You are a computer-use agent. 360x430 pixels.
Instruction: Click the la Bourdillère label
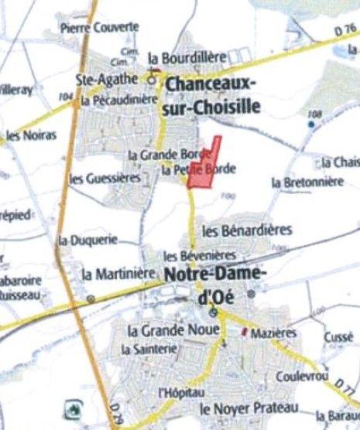click(186, 57)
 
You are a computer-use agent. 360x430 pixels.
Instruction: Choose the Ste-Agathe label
click(106, 79)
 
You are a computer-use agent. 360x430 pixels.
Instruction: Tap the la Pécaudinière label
click(119, 100)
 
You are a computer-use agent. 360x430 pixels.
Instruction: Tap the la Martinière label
click(117, 274)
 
